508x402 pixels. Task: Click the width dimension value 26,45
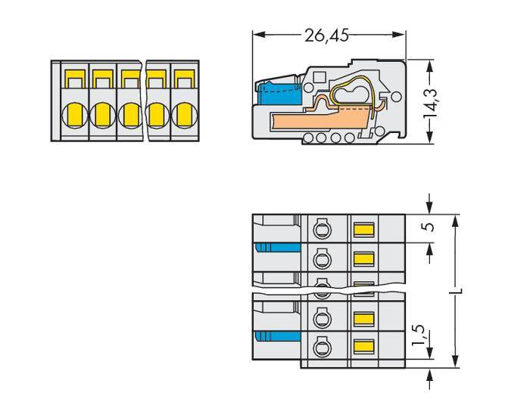tap(326, 35)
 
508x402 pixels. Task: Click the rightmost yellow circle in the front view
tap(183, 115)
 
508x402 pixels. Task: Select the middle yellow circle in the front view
tap(129, 115)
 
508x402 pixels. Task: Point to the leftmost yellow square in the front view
tap(75, 78)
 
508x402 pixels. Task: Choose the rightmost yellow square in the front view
tap(183, 78)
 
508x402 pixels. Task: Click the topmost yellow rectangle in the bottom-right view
tap(364, 228)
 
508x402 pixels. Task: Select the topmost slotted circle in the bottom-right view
tap(320, 228)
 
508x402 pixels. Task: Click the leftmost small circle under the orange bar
tap(308, 137)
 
